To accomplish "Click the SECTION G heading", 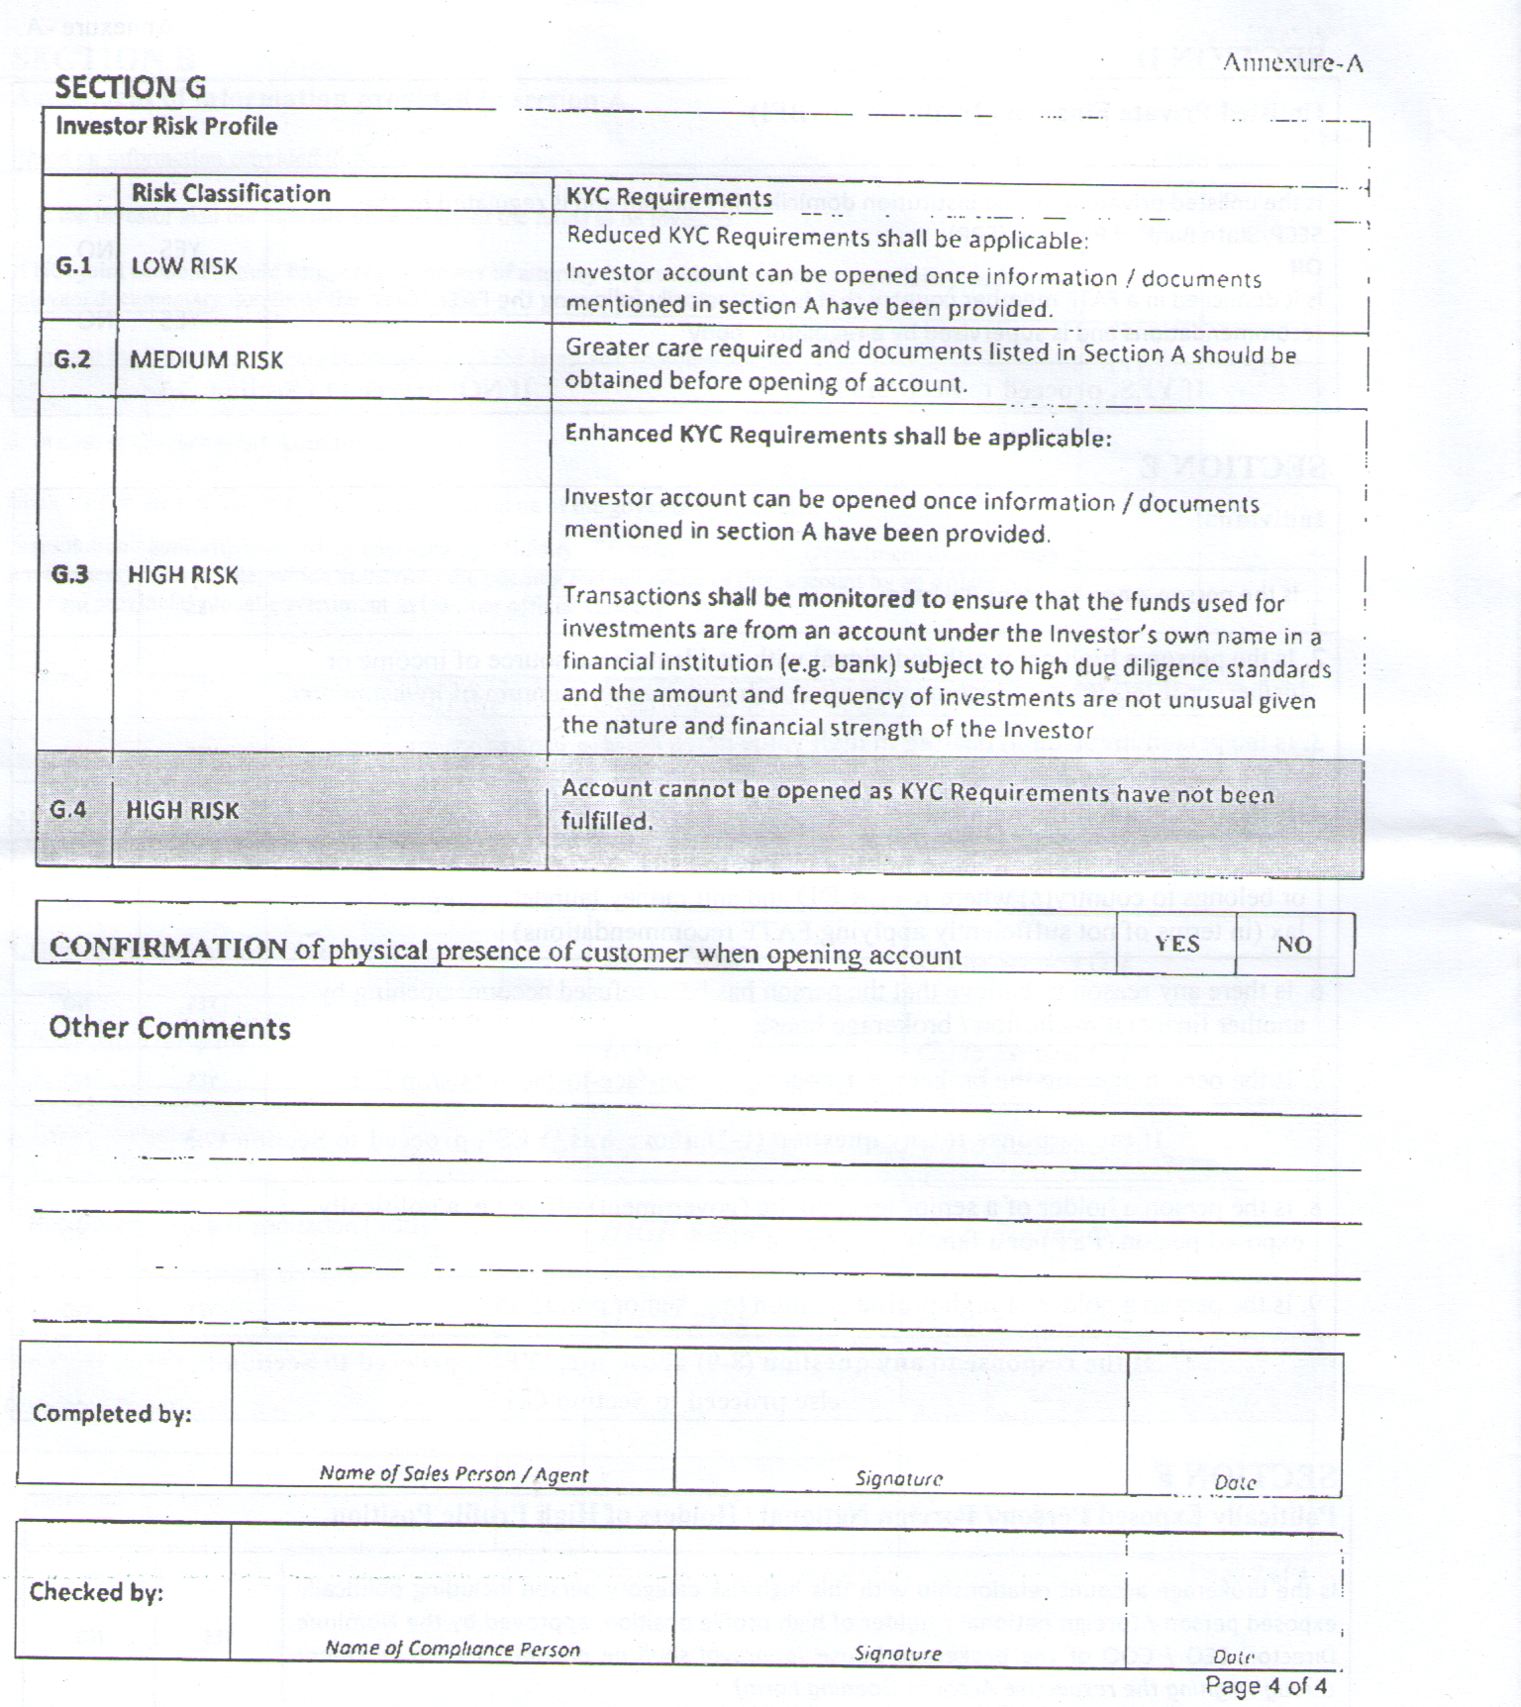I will tap(130, 87).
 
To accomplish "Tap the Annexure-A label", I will tap(1292, 63).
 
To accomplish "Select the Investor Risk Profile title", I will tap(166, 126).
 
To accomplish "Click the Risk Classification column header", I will tap(231, 193).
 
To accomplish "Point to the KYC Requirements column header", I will tap(668, 197).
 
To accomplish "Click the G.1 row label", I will tap(73, 265).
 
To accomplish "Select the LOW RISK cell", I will tap(184, 265).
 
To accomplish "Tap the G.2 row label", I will tap(72, 358).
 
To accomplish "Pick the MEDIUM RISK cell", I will tap(206, 359).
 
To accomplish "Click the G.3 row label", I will tap(69, 574).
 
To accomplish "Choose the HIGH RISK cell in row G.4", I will tap(182, 810).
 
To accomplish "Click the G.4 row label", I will tap(67, 810).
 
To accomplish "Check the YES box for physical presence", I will tap(1176, 944).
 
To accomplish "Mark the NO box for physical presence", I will tap(1293, 945).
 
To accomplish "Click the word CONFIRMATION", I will tap(168, 948).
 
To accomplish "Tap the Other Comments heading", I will tap(169, 1028).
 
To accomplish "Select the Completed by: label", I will tap(112, 1413).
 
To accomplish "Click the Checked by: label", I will tap(96, 1591).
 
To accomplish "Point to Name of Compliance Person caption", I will tap(453, 1649).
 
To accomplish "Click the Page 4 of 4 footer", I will tap(1266, 1685).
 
